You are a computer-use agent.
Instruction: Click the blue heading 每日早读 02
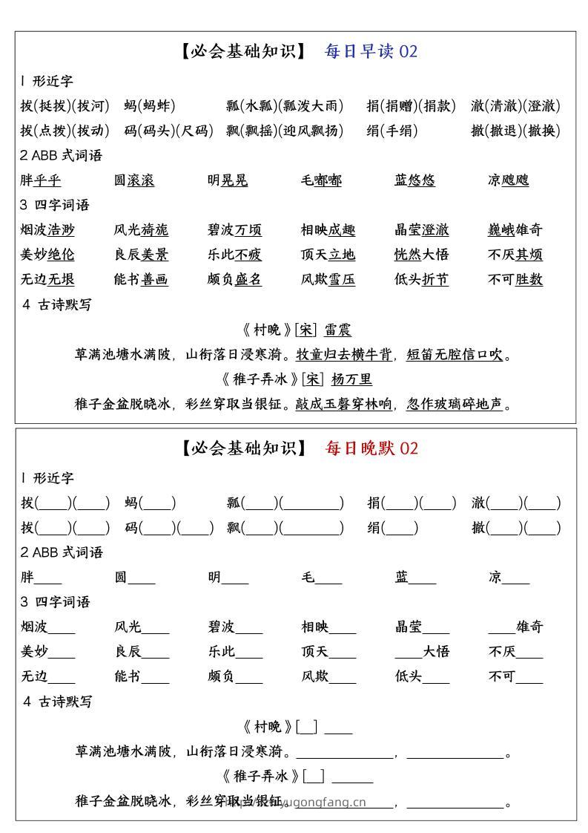tap(371, 51)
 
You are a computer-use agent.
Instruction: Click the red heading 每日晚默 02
tap(371, 448)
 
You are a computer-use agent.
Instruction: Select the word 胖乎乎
tap(41, 180)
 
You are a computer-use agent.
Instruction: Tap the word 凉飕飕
tap(508, 180)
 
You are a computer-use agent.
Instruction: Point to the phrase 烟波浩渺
tap(47, 230)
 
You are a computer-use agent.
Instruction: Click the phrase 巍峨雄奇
tap(515, 230)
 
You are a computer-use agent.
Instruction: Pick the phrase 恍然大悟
tap(422, 255)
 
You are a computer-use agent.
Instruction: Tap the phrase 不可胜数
tap(515, 280)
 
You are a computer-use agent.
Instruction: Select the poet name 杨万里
tap(351, 379)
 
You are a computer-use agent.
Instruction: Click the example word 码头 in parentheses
tap(157, 131)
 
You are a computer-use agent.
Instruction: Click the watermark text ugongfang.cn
tap(326, 802)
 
